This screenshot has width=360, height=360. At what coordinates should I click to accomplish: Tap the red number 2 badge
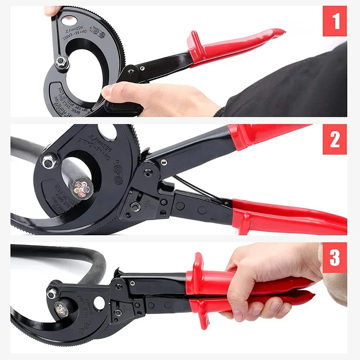(x=335, y=139)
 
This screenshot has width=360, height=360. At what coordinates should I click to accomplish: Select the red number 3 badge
(x=335, y=257)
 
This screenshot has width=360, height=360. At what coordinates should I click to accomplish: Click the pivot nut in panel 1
(x=62, y=62)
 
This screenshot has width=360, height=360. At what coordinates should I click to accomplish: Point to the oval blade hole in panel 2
(x=107, y=132)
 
